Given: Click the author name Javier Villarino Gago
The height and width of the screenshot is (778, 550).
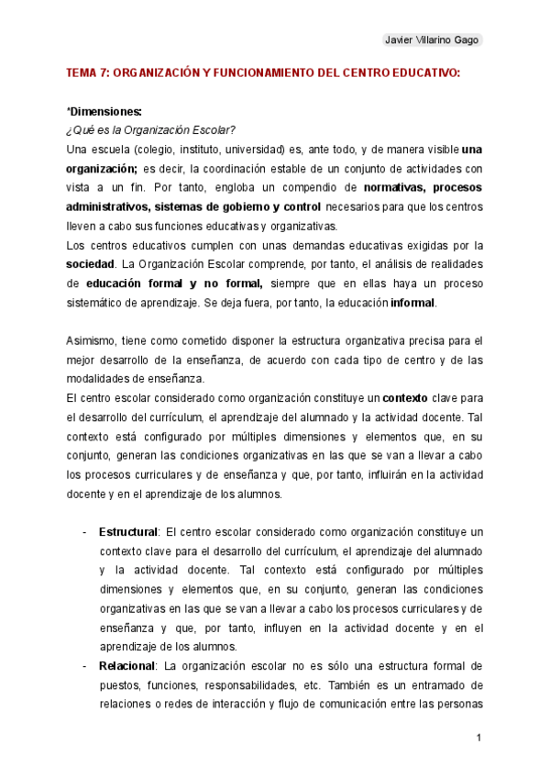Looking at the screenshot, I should (x=430, y=39).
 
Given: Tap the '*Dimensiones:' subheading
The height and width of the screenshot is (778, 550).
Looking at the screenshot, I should (x=104, y=111).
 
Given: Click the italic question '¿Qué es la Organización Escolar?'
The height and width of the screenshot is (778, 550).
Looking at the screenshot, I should (x=151, y=128).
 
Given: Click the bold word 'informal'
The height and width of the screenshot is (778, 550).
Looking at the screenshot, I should (x=413, y=303).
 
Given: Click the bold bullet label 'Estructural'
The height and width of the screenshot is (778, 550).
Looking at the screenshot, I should (x=128, y=531).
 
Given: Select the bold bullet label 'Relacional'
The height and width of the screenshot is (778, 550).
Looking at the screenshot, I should (x=126, y=666).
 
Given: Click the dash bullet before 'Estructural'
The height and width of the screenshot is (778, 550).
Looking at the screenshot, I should (x=84, y=531).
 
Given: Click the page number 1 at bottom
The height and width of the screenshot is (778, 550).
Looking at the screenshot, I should (x=478, y=737).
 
